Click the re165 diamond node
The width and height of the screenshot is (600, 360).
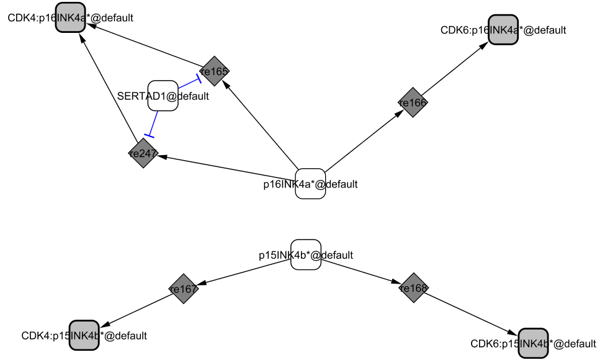215,71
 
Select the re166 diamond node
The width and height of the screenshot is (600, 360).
413,104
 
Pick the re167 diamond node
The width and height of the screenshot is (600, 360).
184,289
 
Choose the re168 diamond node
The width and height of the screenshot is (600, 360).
414,288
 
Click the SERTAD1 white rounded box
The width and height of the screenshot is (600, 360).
163,96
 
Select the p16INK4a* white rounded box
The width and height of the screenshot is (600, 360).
310,184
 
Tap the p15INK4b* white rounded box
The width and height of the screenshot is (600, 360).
306,254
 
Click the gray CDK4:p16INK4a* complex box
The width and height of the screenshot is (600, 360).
69,18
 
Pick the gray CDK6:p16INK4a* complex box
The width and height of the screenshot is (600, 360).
503,30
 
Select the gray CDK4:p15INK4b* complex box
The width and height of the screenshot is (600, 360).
84,336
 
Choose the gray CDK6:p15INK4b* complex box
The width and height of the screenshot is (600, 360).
533,343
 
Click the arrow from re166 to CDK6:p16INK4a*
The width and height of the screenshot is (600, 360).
455,68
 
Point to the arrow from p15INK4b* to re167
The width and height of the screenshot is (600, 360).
245,272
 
